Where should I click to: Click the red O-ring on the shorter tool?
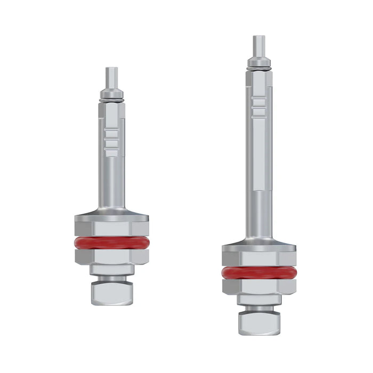(112, 244)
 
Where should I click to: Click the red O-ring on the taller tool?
(259, 273)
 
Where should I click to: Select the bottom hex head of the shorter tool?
(112, 293)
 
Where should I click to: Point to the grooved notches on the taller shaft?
(259, 107)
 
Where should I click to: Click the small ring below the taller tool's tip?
(259, 64)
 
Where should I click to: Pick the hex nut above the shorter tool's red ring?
(112, 228)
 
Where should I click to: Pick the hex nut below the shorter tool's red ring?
(112, 257)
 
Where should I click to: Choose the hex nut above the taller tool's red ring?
(259, 258)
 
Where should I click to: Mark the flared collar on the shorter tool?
(112, 213)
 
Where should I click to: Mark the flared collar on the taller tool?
(259, 243)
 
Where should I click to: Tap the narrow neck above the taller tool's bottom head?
(259, 306)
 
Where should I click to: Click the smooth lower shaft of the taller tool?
(259, 213)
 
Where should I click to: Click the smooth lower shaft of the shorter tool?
(112, 181)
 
